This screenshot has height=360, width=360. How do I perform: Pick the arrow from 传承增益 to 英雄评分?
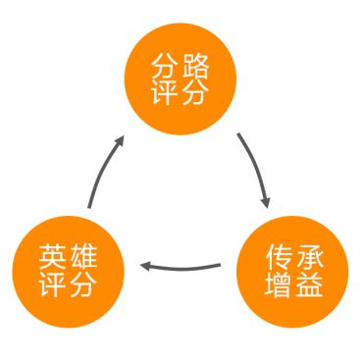181,265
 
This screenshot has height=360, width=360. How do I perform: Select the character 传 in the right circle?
270,255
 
